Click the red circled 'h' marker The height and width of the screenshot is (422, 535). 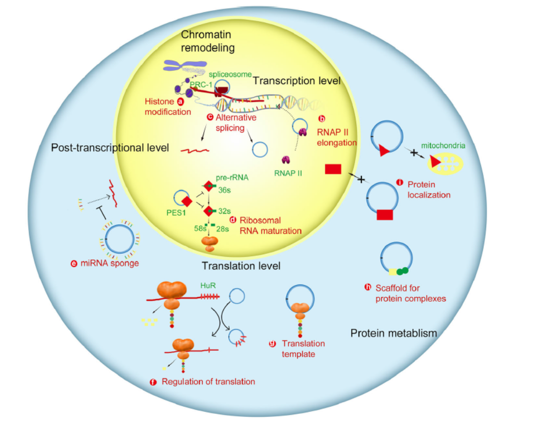pyautogui.click(x=367, y=287)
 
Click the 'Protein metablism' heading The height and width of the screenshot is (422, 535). pyautogui.click(x=394, y=334)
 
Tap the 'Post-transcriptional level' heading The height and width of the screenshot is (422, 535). pyautogui.click(x=110, y=148)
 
